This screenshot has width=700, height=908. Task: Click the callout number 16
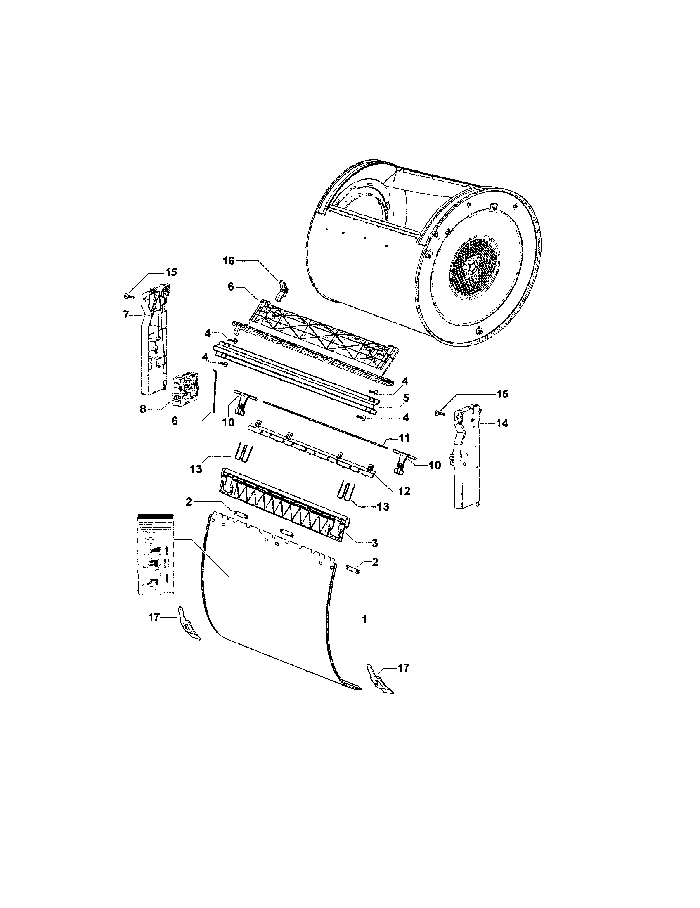pyautogui.click(x=229, y=261)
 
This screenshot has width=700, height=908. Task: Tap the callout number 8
pyautogui.click(x=143, y=409)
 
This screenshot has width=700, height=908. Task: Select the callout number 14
pyautogui.click(x=502, y=423)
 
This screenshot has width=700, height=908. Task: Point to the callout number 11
pyautogui.click(x=404, y=438)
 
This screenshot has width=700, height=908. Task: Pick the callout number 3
pyautogui.click(x=374, y=543)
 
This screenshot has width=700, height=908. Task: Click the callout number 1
pyautogui.click(x=364, y=631)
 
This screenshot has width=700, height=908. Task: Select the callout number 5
pyautogui.click(x=406, y=398)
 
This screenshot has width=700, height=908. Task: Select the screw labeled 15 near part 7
pyautogui.click(x=128, y=296)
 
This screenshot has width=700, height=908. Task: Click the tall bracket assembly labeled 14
pyautogui.click(x=466, y=457)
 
